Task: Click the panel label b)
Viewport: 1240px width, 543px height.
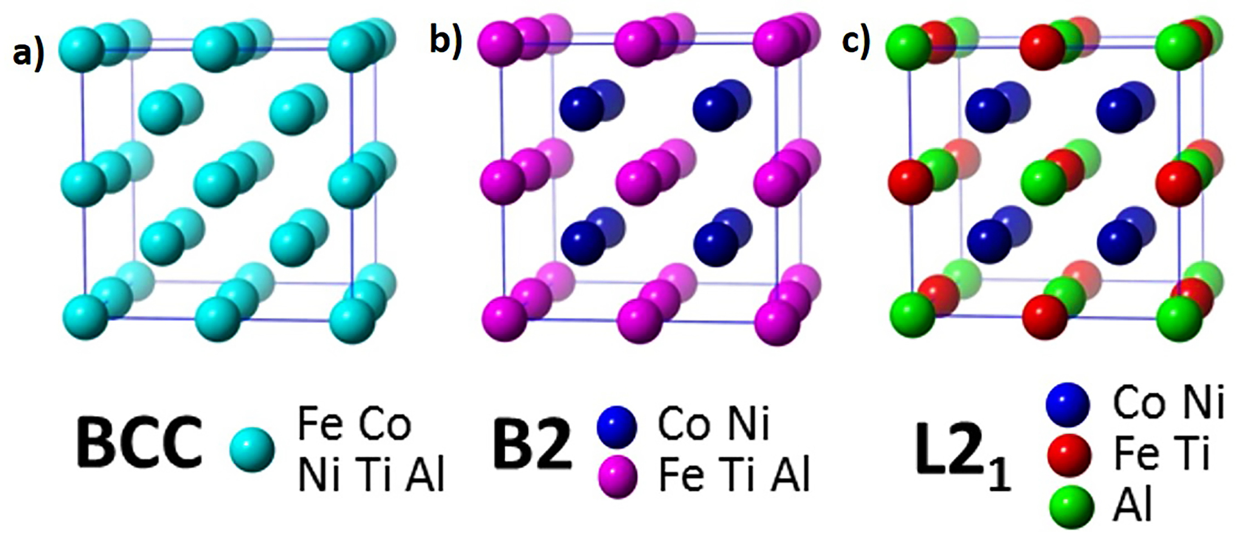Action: pos(446,39)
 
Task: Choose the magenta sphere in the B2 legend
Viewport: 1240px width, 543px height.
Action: pos(617,477)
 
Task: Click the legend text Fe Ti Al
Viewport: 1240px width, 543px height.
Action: pos(734,475)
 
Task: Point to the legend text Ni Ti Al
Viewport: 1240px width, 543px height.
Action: pos(371,475)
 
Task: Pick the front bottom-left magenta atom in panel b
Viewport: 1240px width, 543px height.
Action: pos(504,319)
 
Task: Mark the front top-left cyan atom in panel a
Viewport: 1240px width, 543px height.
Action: pos(81,50)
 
